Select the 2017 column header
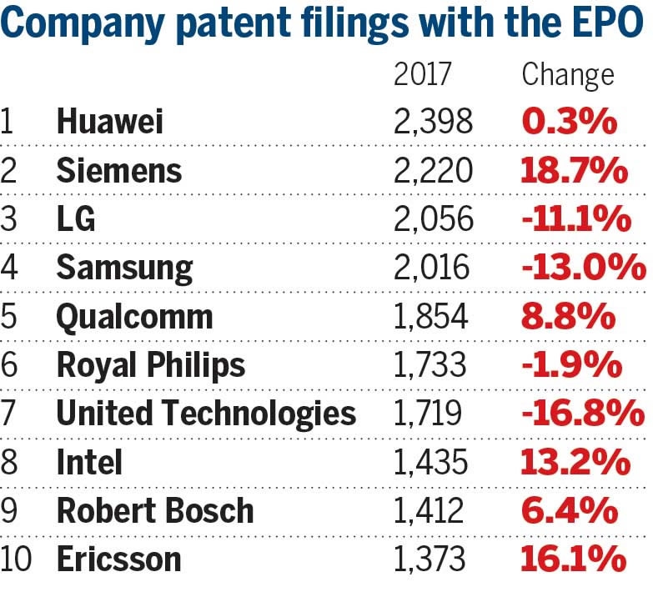tap(423, 75)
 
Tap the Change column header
tap(567, 75)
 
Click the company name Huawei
tap(109, 123)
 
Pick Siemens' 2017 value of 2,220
tap(433, 172)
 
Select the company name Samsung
tap(124, 268)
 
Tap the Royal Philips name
tap(151, 365)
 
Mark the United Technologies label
tap(206, 414)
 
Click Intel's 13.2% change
tap(575, 462)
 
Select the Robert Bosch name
tap(154, 510)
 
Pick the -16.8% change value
tap(581, 414)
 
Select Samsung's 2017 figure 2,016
tap(433, 268)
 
